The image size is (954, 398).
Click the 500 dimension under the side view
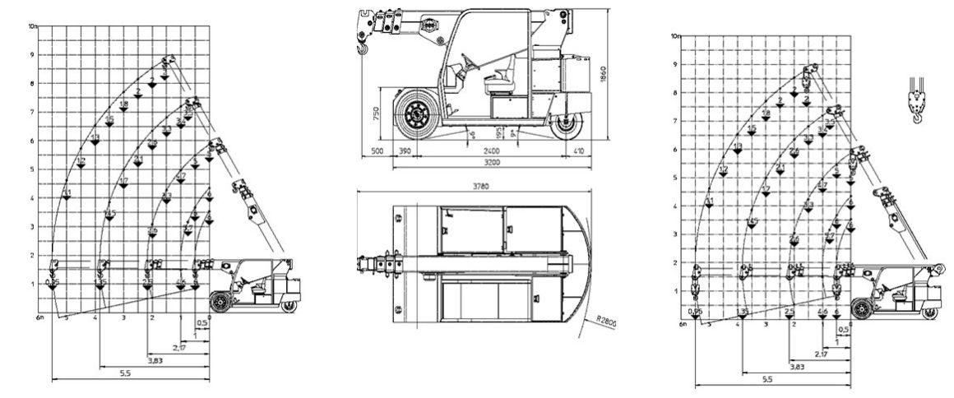click(x=377, y=151)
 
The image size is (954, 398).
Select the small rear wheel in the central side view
click(x=566, y=125)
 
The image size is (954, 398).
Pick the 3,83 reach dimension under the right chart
click(x=774, y=366)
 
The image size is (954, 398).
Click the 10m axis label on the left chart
click(x=34, y=26)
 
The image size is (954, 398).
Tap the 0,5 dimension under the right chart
click(x=841, y=330)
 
